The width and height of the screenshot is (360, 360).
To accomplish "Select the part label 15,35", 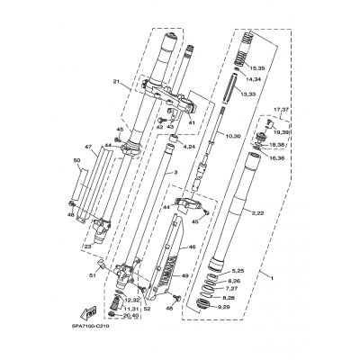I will point(258,68).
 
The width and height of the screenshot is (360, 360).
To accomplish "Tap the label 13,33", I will point(246,94).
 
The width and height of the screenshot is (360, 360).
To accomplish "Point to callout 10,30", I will point(232,135).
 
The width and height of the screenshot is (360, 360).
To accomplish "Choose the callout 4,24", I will point(190,146).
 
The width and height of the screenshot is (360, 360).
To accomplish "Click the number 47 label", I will point(89,146).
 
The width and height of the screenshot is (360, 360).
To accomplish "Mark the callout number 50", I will point(76,160).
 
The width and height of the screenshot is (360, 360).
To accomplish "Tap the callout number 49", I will point(185,276).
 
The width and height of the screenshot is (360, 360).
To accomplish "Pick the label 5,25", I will point(238,270).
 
